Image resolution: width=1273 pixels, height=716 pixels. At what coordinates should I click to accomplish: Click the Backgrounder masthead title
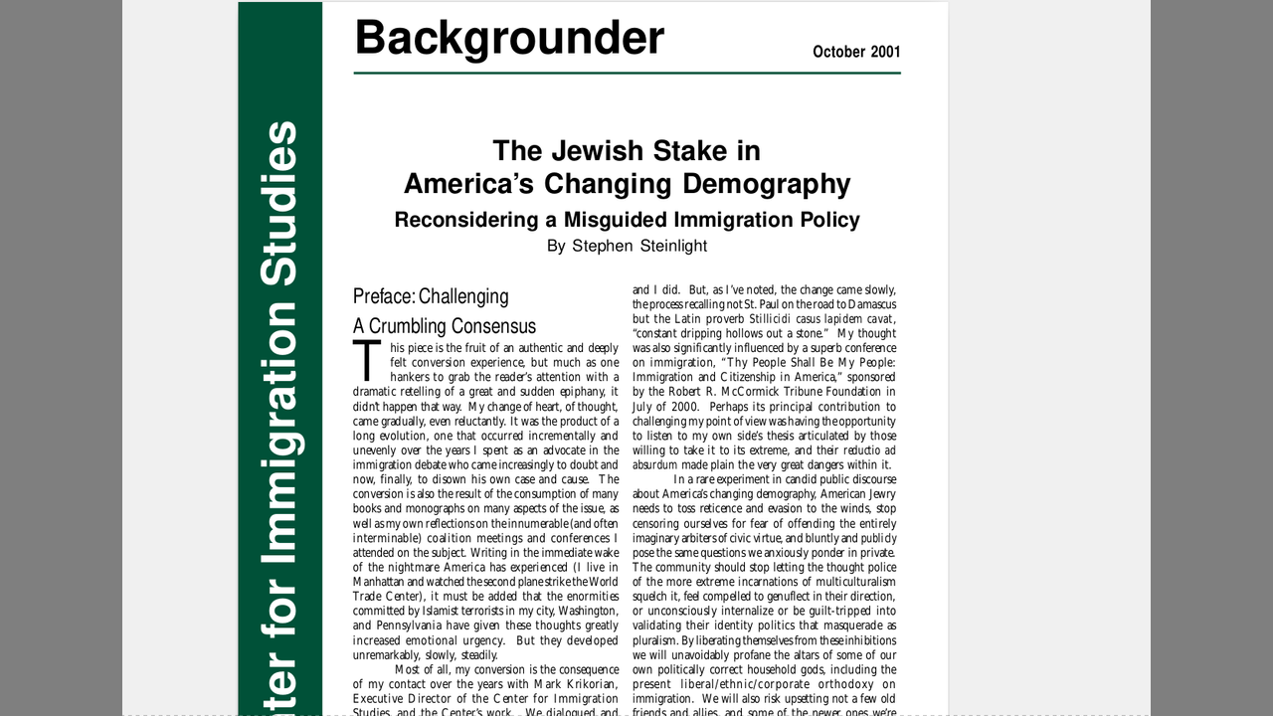pyautogui.click(x=508, y=38)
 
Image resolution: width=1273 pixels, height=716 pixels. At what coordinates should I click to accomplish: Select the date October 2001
pyautogui.click(x=855, y=52)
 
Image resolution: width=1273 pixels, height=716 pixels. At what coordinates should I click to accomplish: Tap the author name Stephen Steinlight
pyautogui.click(x=639, y=246)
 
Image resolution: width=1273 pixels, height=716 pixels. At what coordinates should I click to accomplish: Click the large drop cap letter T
pyautogui.click(x=367, y=361)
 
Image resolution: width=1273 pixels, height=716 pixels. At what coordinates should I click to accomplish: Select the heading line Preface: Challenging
pyautogui.click(x=431, y=296)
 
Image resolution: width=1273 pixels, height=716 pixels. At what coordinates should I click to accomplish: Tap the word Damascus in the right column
pyautogui.click(x=867, y=303)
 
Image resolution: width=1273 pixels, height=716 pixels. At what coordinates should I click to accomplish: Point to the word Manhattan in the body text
pyautogui.click(x=383, y=580)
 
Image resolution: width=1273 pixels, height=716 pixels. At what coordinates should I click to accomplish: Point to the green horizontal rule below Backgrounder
pyautogui.click(x=627, y=73)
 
